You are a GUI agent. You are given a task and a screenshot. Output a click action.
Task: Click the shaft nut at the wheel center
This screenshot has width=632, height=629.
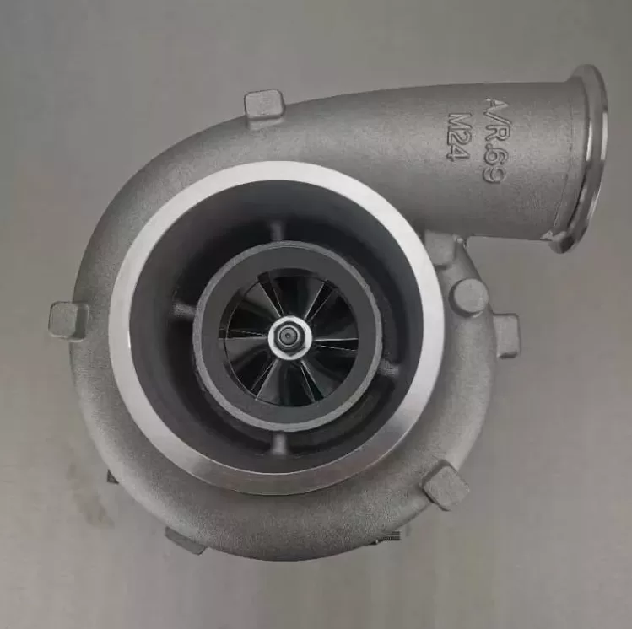289,337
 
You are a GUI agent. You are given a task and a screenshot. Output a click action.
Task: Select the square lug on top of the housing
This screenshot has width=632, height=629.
264,106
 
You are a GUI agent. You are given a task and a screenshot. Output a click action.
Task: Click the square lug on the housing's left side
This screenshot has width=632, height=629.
68,320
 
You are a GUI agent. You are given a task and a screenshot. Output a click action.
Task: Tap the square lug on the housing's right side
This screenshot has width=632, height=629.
505,335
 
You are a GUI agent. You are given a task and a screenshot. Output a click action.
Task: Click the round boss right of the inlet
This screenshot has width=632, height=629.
467,297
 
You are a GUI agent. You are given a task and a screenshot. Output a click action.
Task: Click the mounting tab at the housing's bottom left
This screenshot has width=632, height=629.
185,540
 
